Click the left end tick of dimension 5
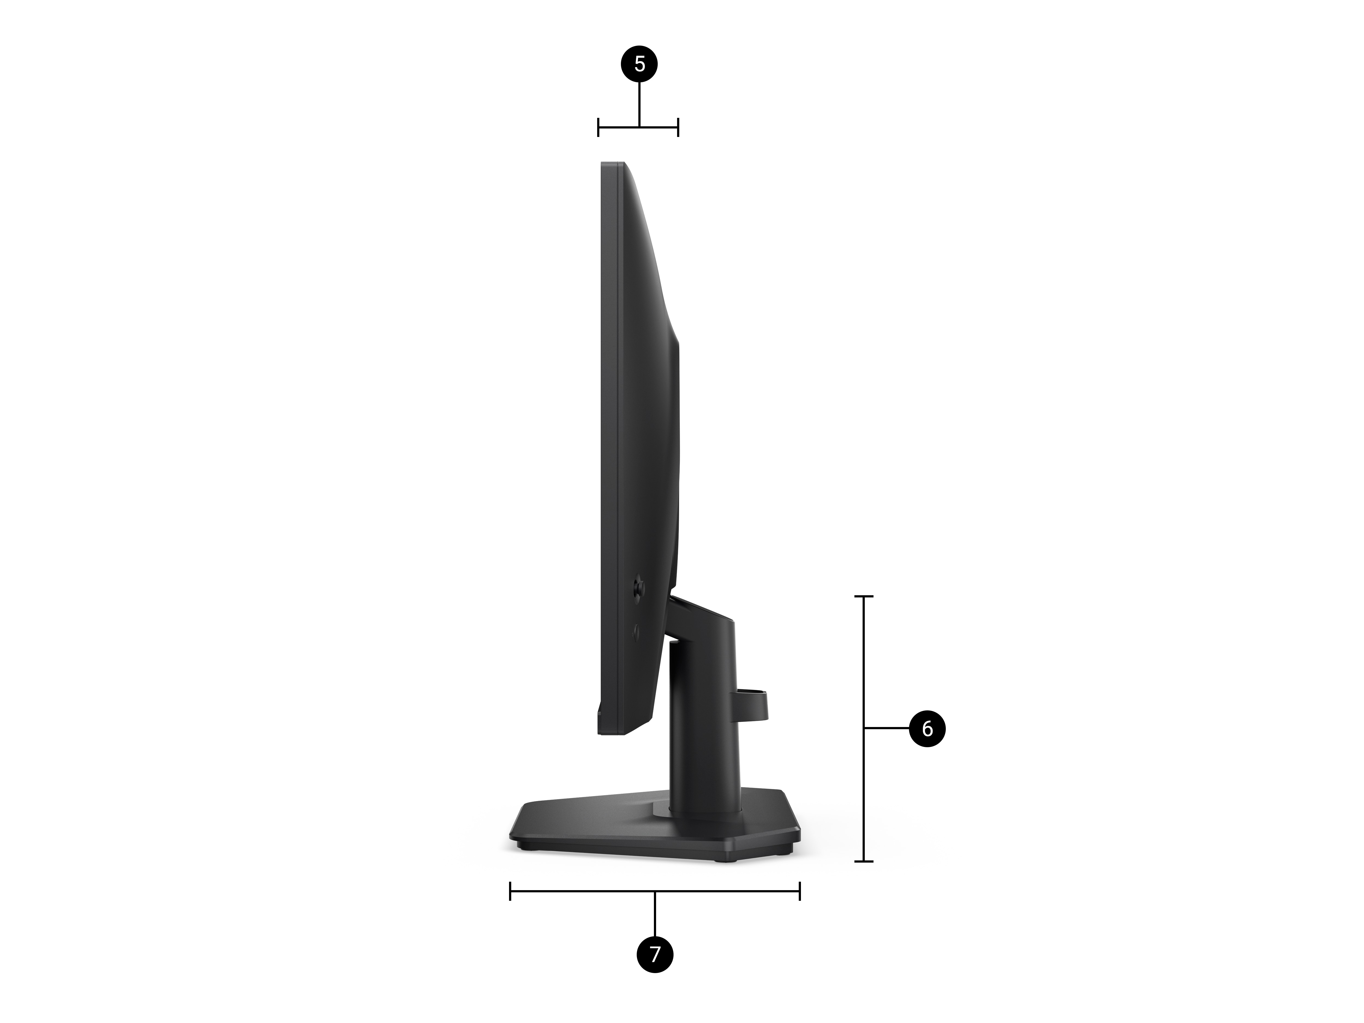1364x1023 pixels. coord(598,127)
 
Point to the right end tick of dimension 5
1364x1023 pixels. coord(678,127)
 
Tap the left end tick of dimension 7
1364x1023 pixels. coord(510,891)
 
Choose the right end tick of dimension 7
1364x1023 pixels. coord(800,891)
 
